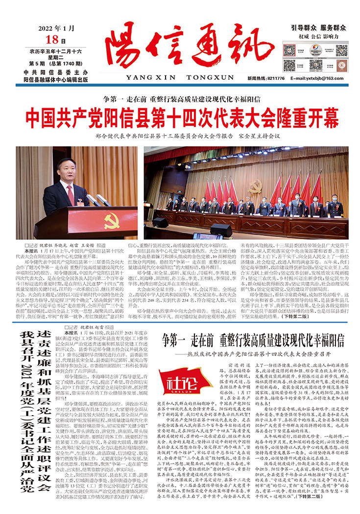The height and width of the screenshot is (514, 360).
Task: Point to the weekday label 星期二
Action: tap(56, 56)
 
